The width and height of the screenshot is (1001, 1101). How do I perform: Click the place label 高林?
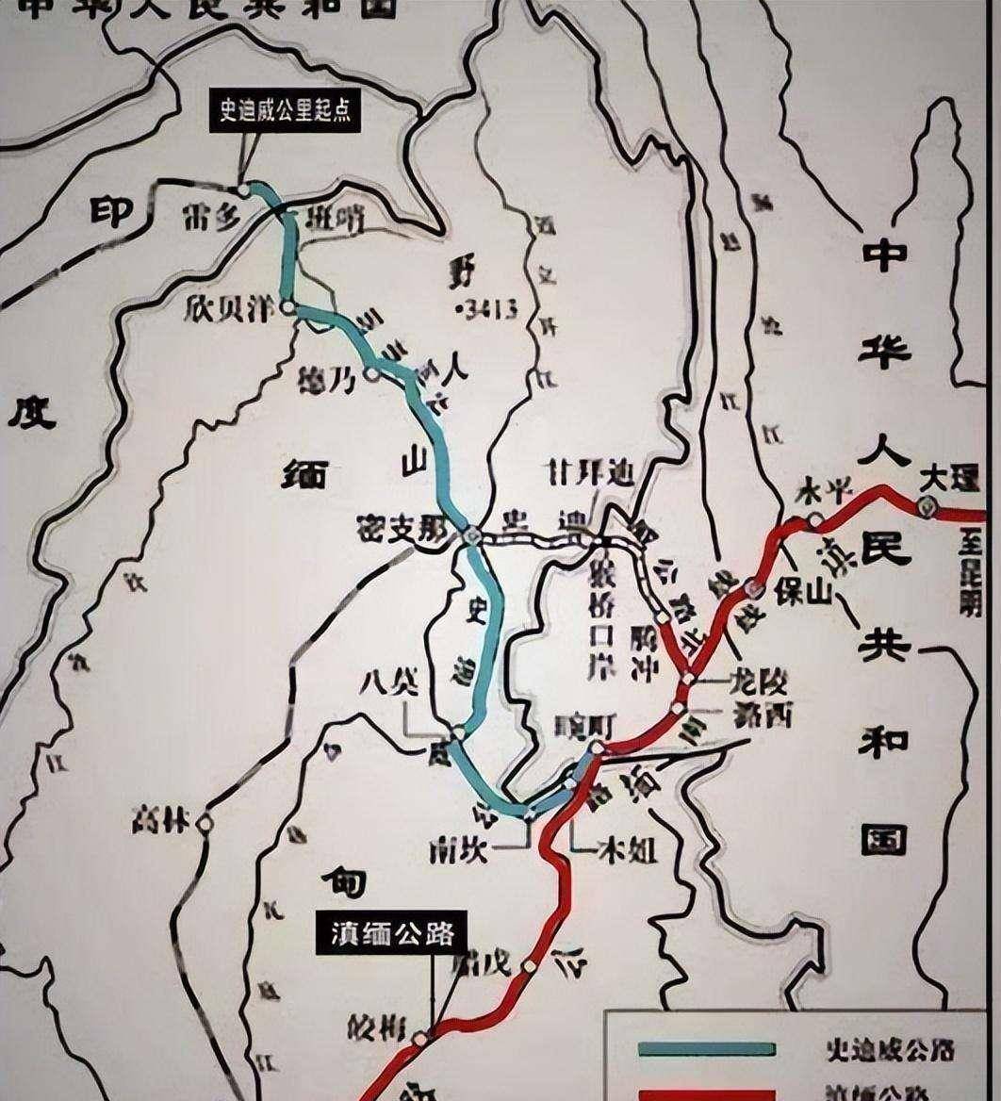click(x=161, y=822)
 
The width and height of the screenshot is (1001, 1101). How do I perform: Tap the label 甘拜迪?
click(x=593, y=476)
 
